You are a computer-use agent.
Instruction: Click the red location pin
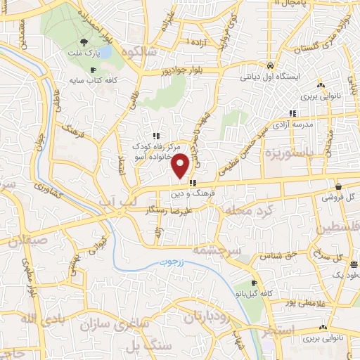[x=181, y=166]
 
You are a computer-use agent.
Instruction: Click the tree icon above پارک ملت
[x=84, y=42]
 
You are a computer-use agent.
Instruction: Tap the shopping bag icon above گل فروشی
[x=340, y=187]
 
